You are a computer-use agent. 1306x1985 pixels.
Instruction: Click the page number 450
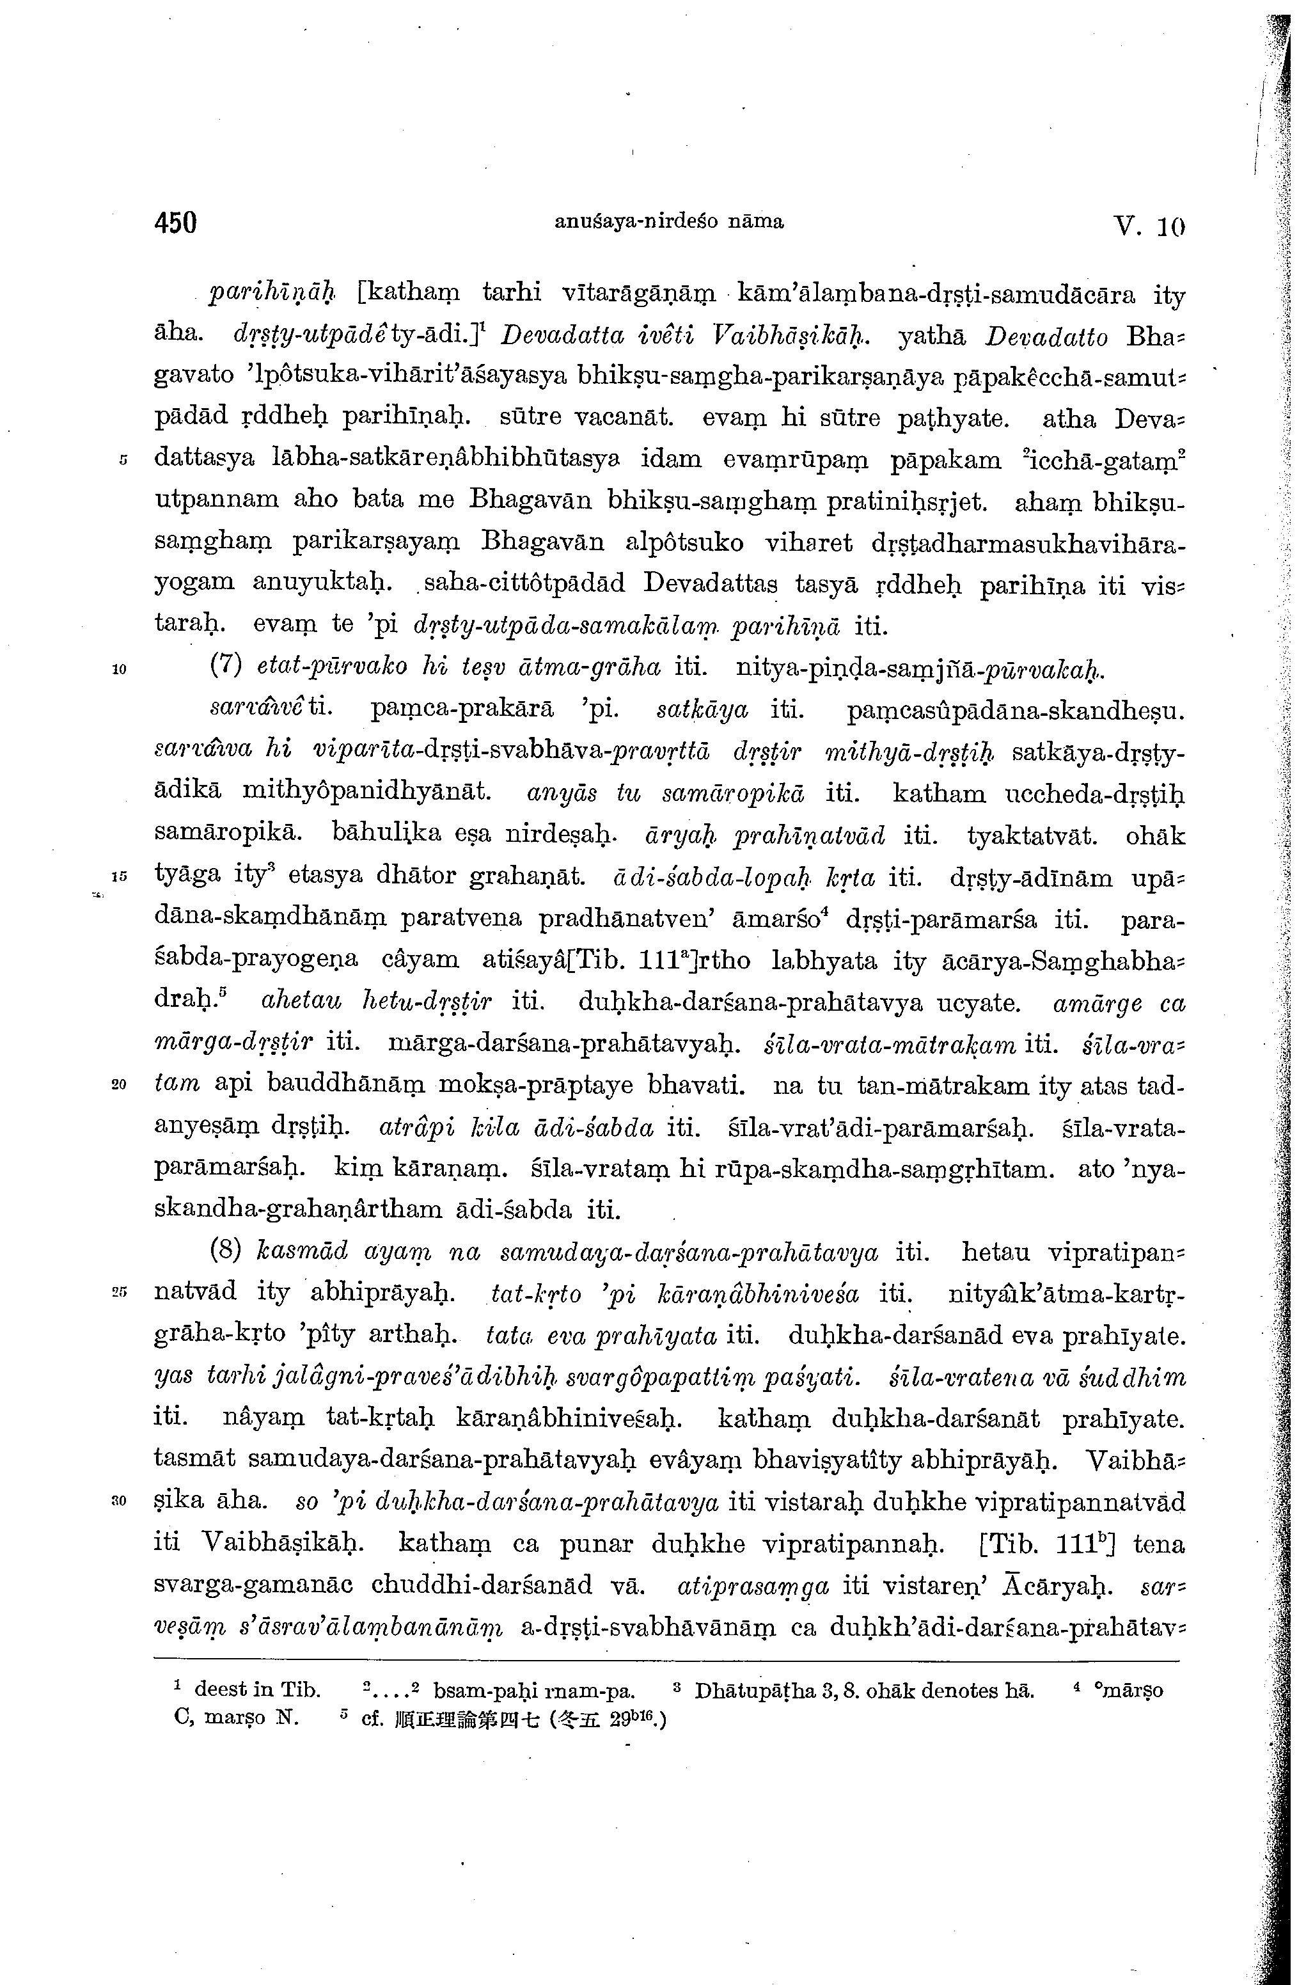point(175,223)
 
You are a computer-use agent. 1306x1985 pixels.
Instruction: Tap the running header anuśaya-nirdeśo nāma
point(669,222)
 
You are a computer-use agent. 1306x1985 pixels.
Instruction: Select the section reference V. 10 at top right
point(1149,225)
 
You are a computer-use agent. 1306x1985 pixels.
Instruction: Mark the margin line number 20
point(118,1085)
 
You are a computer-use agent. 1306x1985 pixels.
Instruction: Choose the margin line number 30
point(118,1501)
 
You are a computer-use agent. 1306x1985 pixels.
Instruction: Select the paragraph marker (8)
point(225,1252)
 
